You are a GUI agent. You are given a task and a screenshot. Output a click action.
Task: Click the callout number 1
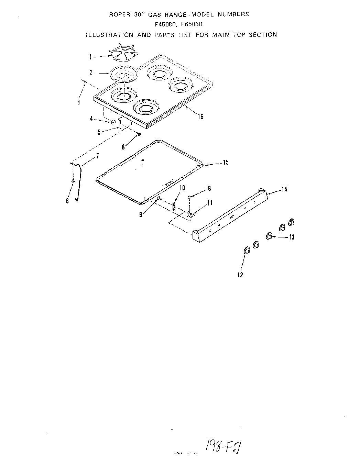[90, 57]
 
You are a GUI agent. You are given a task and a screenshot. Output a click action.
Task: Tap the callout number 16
[200, 116]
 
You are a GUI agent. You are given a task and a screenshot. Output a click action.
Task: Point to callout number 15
[226, 163]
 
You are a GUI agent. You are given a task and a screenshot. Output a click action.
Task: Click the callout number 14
[284, 189]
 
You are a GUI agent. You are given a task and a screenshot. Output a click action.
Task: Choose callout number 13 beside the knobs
[292, 237]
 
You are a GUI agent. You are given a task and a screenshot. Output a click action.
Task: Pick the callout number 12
[240, 275]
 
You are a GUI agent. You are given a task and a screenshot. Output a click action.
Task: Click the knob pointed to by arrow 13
[269, 236]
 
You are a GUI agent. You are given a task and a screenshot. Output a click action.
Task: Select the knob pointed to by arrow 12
[246, 251]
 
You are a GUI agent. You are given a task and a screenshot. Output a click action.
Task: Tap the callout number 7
[97, 156]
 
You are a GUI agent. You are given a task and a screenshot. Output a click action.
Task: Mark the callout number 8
[68, 201]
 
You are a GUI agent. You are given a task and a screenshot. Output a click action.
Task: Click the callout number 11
[209, 203]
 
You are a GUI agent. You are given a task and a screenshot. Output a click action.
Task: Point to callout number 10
[182, 188]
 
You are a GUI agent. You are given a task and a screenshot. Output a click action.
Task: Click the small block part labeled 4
[112, 122]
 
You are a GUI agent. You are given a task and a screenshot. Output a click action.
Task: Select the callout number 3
[78, 102]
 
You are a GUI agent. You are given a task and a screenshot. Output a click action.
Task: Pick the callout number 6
[123, 147]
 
